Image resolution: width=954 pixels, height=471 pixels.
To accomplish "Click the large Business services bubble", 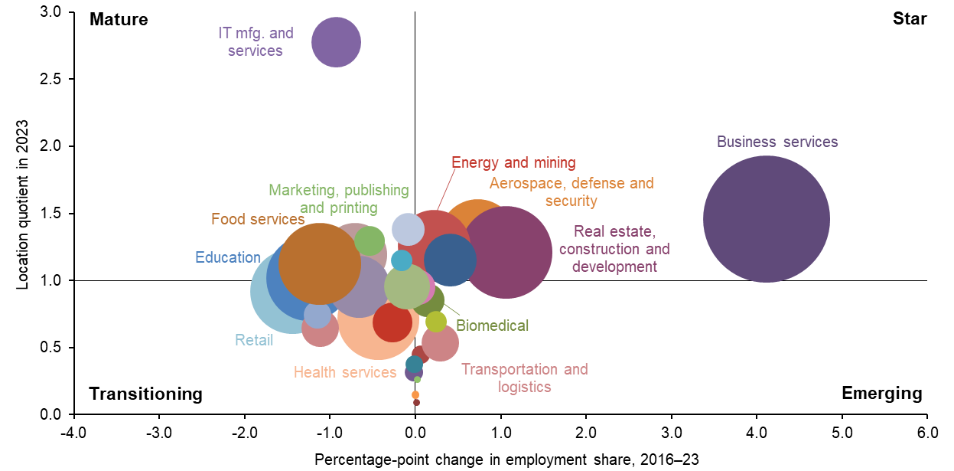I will (x=766, y=219).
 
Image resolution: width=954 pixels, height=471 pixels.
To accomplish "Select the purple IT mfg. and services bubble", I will (x=336, y=42).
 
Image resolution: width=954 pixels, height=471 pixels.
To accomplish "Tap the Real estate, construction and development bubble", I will (x=506, y=252).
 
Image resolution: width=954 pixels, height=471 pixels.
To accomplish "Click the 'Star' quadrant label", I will (x=910, y=19).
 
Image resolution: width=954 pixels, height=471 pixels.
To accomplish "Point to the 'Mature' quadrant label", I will (x=119, y=19).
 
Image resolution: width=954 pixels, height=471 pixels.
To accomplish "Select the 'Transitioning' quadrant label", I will (x=146, y=394).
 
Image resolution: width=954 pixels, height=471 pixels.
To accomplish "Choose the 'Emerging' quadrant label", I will (x=881, y=394).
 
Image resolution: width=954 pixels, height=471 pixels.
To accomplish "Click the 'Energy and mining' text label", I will (x=513, y=162).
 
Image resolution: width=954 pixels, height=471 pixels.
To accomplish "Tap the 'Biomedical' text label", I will (x=492, y=325).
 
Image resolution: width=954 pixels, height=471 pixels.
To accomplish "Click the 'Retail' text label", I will (x=254, y=340).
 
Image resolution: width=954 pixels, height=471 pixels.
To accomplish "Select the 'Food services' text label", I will (x=258, y=220).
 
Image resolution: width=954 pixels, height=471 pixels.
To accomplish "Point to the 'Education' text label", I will (x=228, y=257).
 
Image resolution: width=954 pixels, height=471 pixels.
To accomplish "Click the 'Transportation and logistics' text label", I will (x=525, y=378).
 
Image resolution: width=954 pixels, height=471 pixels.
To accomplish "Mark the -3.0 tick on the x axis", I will (x=158, y=431).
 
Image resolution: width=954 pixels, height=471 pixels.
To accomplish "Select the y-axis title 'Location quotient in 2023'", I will (x=24, y=204).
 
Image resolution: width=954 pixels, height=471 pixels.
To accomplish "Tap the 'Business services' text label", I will (x=777, y=142).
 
